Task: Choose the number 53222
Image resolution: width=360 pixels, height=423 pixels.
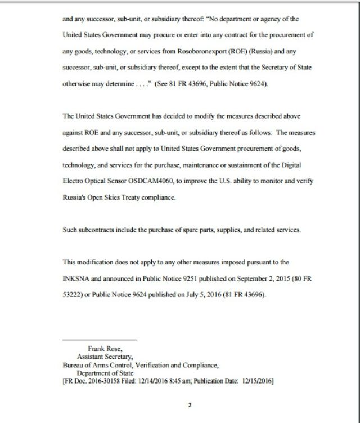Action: tap(73, 294)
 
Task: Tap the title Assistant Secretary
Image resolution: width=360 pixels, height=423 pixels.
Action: tap(105, 357)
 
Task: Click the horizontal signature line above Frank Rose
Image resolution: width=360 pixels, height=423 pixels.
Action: tap(100, 340)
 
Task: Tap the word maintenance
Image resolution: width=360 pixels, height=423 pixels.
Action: tap(186, 166)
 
